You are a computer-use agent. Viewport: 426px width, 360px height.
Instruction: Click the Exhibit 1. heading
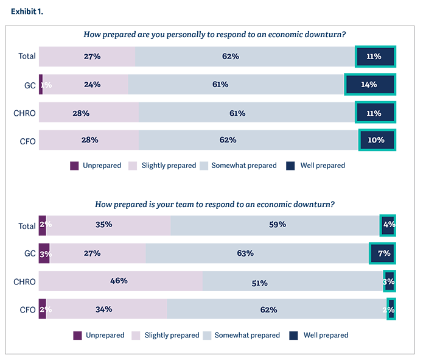tap(27, 12)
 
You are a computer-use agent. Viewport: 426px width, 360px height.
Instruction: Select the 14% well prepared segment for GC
tap(369, 85)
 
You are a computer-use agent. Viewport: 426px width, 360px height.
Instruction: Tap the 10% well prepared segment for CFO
tap(377, 139)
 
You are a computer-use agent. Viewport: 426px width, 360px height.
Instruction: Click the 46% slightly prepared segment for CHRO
tap(120, 281)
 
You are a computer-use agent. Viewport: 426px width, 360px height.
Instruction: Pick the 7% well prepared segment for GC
tap(383, 253)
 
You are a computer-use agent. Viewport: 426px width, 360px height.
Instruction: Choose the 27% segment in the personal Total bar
tap(87, 57)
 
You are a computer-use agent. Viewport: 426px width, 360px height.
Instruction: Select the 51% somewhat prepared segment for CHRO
tap(292, 281)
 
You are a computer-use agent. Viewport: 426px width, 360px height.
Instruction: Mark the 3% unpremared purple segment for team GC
tap(44, 253)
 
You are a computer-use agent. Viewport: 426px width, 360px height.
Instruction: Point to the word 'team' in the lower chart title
tap(201, 204)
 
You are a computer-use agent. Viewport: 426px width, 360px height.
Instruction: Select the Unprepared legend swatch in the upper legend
tap(75, 166)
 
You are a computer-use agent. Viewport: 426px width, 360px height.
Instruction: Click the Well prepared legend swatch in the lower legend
tap(293, 335)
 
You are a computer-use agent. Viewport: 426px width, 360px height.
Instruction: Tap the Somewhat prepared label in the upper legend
tap(244, 166)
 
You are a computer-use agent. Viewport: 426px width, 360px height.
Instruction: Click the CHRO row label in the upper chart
tap(25, 113)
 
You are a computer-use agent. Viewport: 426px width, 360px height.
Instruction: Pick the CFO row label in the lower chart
tap(28, 309)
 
